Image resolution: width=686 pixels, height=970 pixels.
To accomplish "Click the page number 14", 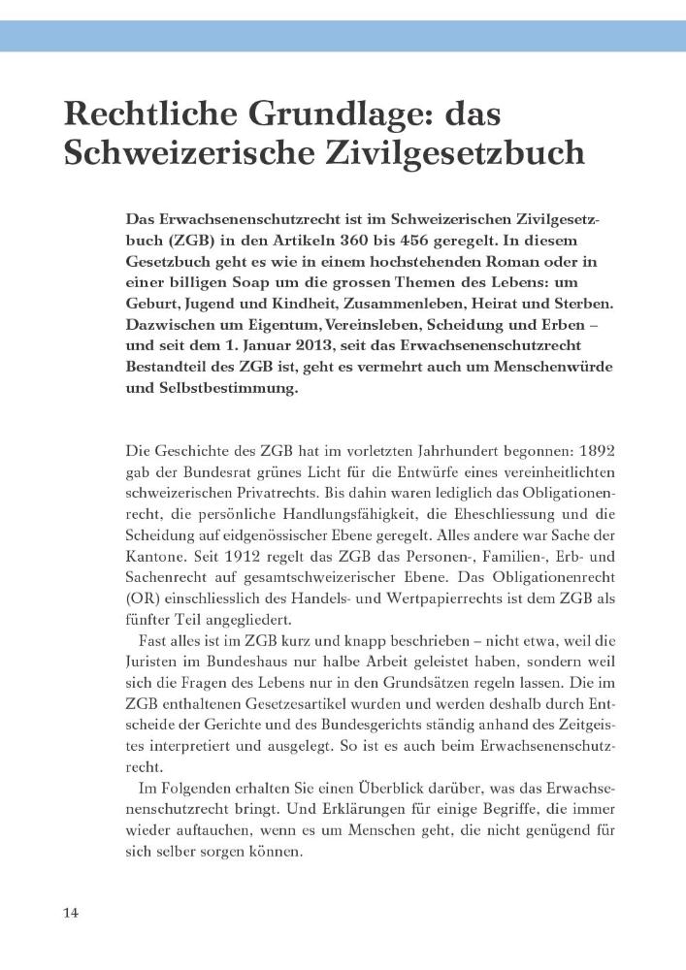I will (71, 913).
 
